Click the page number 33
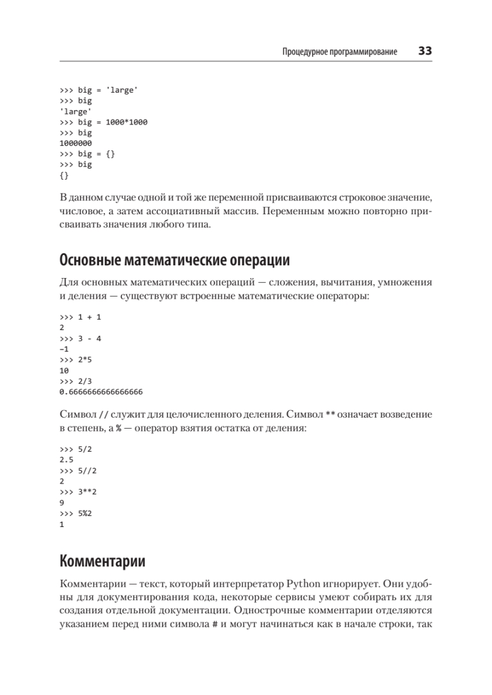point(425,52)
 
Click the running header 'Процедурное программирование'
point(339,52)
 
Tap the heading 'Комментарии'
point(103,561)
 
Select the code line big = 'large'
point(98,90)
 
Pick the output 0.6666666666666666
point(101,392)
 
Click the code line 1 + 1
point(81,317)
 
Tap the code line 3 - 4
point(81,338)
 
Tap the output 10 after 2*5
point(64,371)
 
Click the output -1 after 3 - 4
point(64,349)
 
